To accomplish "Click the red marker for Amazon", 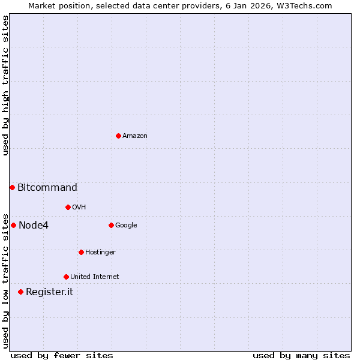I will click(118, 136).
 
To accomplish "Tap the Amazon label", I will click(135, 136).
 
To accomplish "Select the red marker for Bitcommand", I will click(12, 187).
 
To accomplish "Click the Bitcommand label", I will click(47, 187).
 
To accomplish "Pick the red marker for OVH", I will click(68, 207).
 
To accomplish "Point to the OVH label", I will click(79, 208).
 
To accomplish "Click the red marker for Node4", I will click(13, 225).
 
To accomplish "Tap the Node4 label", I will click(34, 226).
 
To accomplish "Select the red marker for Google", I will click(111, 225).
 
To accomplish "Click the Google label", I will click(126, 226).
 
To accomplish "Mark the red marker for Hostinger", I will click(81, 252).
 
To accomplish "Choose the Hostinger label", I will click(100, 253).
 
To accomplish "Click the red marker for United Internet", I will click(66, 277).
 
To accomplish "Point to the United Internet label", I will click(95, 277).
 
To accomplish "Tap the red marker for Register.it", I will click(20, 292).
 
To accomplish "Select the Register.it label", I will click(49, 292).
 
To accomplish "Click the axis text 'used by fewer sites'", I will click(62, 355).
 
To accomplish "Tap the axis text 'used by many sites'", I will click(301, 355).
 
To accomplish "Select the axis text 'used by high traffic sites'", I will click(5, 85).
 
